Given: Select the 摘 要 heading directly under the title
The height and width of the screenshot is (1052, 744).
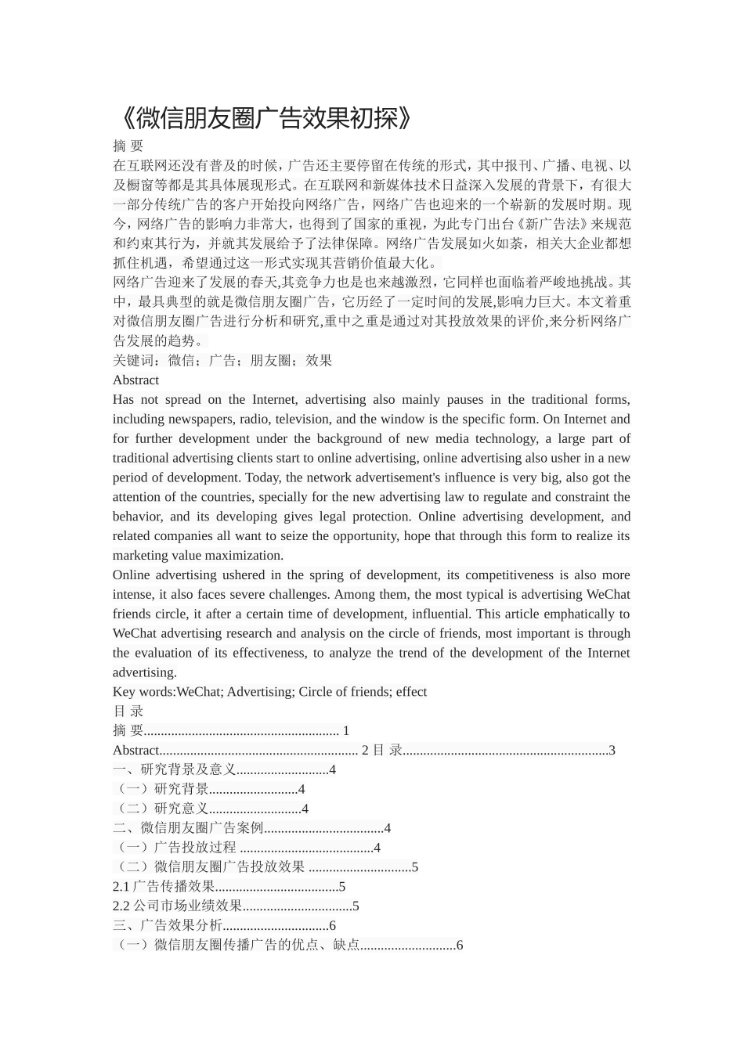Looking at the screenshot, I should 128,146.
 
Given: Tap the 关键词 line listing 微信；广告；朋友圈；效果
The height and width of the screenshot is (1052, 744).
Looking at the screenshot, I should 222,360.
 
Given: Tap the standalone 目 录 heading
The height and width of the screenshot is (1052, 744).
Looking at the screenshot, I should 128,712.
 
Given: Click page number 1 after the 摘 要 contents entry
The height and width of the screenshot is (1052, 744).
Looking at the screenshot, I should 346,731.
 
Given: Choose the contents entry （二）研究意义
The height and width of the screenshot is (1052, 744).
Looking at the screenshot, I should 162,809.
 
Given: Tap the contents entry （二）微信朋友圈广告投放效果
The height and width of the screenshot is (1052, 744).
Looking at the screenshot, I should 210,867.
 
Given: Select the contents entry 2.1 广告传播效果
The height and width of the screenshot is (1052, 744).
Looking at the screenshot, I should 164,887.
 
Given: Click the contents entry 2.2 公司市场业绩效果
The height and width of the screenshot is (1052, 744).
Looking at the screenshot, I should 178,906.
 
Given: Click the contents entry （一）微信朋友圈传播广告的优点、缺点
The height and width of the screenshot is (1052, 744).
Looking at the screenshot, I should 237,946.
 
